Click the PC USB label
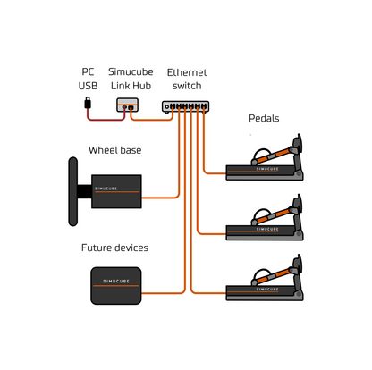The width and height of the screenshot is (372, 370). pyautogui.click(x=89, y=78)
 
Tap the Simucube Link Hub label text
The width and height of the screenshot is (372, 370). pyautogui.click(x=130, y=78)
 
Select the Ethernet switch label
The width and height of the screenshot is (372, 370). pyautogui.click(x=186, y=78)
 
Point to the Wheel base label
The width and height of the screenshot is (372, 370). pyautogui.click(x=114, y=149)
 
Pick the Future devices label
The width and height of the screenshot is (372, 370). pyautogui.click(x=114, y=248)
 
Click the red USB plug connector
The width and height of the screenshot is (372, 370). pyautogui.click(x=88, y=105)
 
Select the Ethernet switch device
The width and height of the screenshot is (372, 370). pyautogui.click(x=186, y=105)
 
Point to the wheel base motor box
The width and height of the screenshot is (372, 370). pyautogui.click(x=117, y=190)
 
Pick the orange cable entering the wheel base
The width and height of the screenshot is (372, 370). pyautogui.click(x=161, y=195)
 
